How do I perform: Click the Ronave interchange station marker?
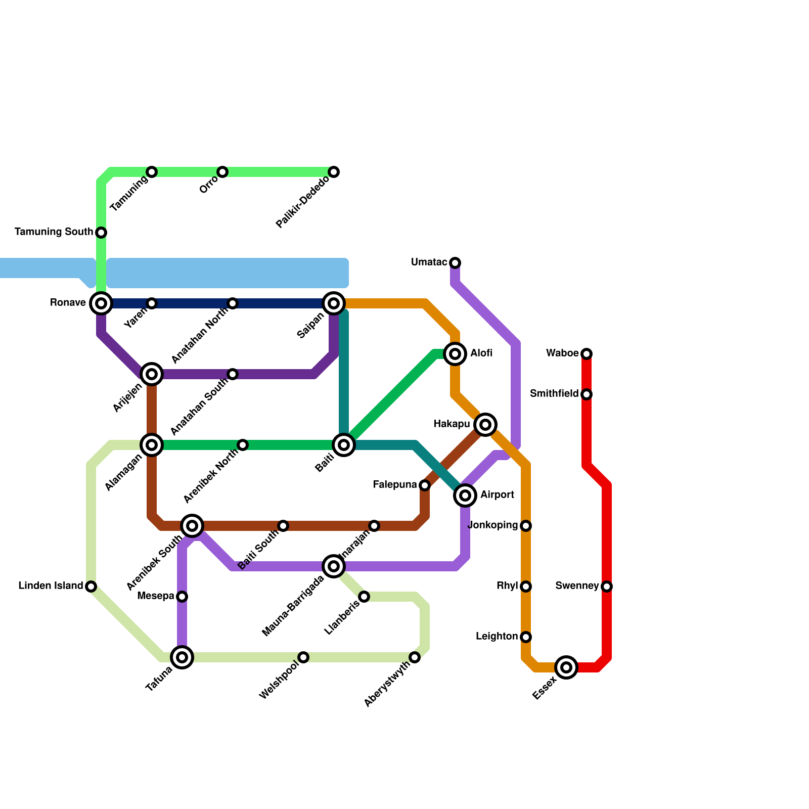tap(101, 303)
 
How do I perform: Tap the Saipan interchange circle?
tap(334, 303)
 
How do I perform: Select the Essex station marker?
tap(566, 667)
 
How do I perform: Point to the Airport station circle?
tap(465, 495)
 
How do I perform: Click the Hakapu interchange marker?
tap(485, 425)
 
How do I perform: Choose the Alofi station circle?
tap(455, 354)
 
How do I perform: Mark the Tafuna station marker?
tap(182, 657)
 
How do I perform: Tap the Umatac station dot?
tap(455, 263)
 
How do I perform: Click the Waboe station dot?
tap(587, 353)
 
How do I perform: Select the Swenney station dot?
tap(607, 587)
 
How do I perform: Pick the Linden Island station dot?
tap(91, 587)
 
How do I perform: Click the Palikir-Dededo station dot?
tap(334, 172)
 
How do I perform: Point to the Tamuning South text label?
tap(54, 232)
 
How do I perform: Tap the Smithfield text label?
tap(554, 394)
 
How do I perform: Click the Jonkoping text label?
tap(493, 525)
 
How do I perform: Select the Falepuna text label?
tap(395, 485)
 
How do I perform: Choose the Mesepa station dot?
tap(182, 597)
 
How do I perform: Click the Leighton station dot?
tap(526, 637)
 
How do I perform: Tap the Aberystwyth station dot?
tap(415, 657)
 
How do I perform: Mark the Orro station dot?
tap(222, 172)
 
